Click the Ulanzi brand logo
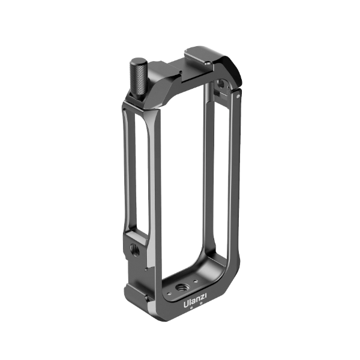point(195,298)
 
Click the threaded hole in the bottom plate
point(182,287)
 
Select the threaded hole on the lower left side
point(135,248)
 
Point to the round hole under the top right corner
point(221,83)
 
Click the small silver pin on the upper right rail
point(238,96)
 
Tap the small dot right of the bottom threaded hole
point(196,281)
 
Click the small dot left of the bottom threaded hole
point(169,293)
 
